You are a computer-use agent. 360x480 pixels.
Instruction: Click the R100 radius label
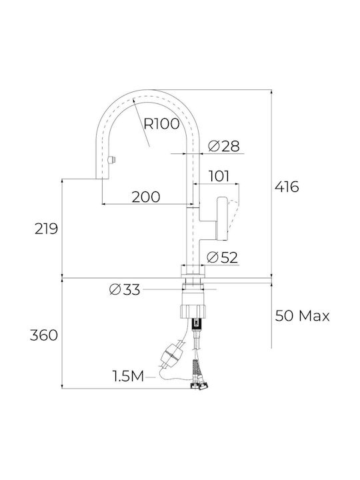click(x=161, y=124)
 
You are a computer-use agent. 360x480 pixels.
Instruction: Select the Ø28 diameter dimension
click(x=224, y=146)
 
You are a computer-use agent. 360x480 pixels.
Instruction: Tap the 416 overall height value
click(x=287, y=187)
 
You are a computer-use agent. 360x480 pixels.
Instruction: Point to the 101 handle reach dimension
click(x=219, y=176)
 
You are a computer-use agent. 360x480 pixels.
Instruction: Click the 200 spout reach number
click(x=146, y=197)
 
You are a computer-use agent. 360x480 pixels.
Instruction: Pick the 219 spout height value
click(x=46, y=229)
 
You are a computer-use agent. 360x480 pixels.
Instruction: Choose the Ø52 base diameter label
click(x=222, y=257)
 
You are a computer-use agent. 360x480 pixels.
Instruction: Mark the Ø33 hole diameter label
click(x=125, y=289)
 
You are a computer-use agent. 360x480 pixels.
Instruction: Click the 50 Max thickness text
click(x=302, y=315)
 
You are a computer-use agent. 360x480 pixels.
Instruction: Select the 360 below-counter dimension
click(x=44, y=335)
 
